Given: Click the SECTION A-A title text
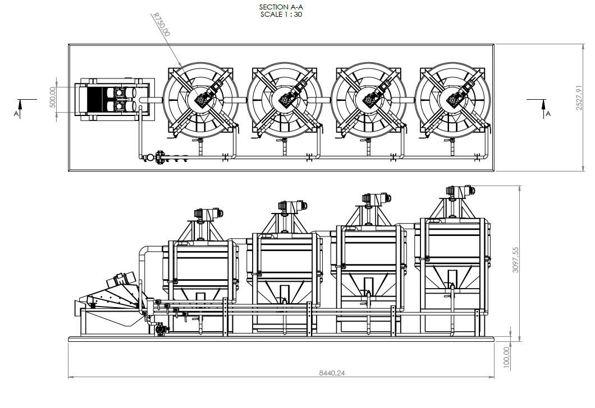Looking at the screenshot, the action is point(281,7).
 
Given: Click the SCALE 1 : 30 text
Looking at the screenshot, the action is point(281,15).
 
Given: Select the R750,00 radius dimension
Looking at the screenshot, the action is point(161,24).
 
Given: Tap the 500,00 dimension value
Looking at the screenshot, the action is point(52,97).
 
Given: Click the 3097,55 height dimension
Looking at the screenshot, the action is point(515,260).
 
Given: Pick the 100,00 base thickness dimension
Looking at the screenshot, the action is point(506,357).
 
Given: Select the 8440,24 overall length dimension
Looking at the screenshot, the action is point(332,373).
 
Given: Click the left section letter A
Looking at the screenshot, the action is point(16,114).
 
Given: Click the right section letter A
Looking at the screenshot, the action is point(548,114).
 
